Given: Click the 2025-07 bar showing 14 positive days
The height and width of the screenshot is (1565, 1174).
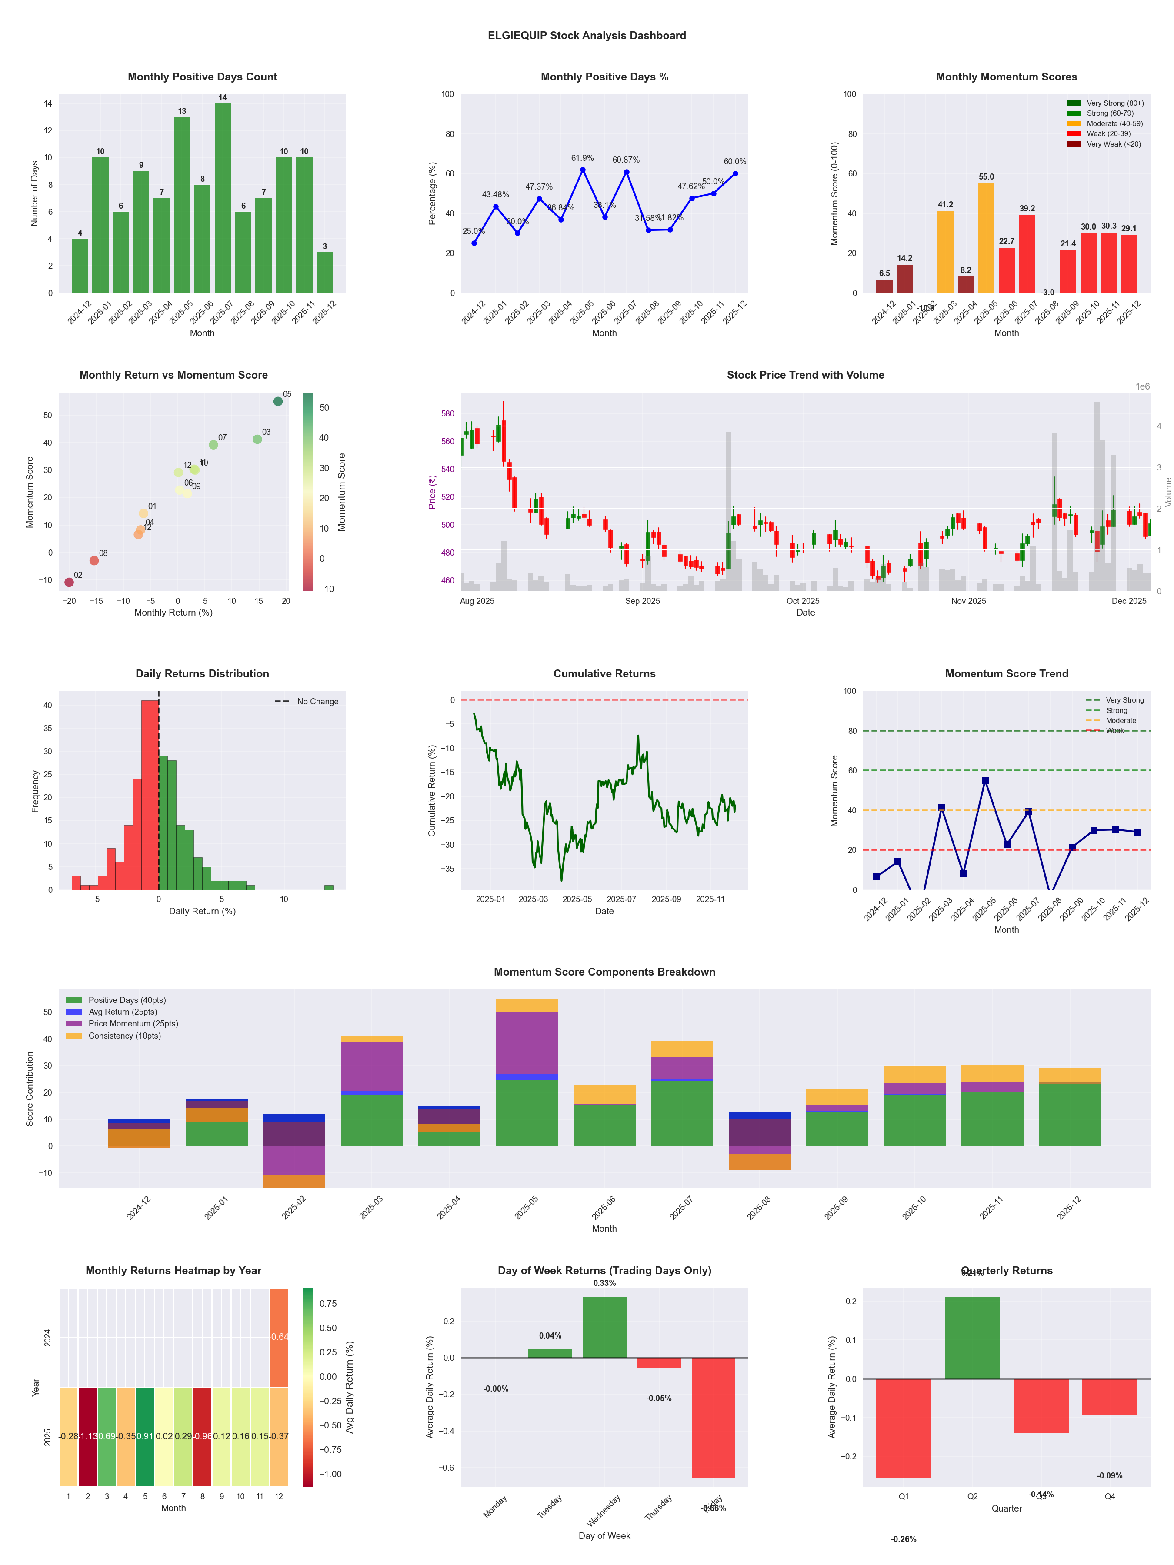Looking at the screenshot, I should click(222, 198).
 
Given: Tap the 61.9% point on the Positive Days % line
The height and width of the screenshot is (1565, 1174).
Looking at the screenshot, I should click(582, 170).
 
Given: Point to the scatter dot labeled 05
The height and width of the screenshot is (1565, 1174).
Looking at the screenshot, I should click(278, 401).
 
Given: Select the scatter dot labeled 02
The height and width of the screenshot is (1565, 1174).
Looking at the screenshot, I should click(69, 582).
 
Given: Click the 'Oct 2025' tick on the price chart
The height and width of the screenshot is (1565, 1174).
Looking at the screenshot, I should click(803, 601).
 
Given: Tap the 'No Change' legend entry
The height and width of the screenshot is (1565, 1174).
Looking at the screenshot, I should click(317, 701).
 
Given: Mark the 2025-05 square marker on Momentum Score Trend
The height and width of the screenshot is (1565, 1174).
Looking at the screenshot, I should click(985, 780).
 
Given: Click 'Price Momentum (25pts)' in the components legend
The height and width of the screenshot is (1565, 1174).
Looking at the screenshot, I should click(133, 1024).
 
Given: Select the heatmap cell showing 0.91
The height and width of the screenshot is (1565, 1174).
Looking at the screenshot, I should click(145, 1436).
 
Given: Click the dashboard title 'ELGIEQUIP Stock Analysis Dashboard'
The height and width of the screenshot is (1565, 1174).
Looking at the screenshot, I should click(587, 35).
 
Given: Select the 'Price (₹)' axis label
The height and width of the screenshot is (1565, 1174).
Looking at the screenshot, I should click(432, 492).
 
